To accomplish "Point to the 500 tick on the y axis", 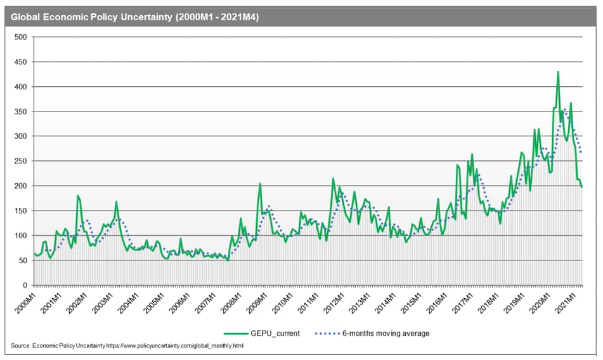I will [x=20, y=37].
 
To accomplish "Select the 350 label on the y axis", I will [x=20, y=112].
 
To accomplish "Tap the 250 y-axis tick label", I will [x=20, y=161].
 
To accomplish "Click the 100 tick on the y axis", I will [x=20, y=236].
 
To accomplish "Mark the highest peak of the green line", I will [x=558, y=72].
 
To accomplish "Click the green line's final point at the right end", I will [x=582, y=187].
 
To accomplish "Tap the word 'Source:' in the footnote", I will [x=20, y=345].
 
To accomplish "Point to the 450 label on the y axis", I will [x=20, y=62].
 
